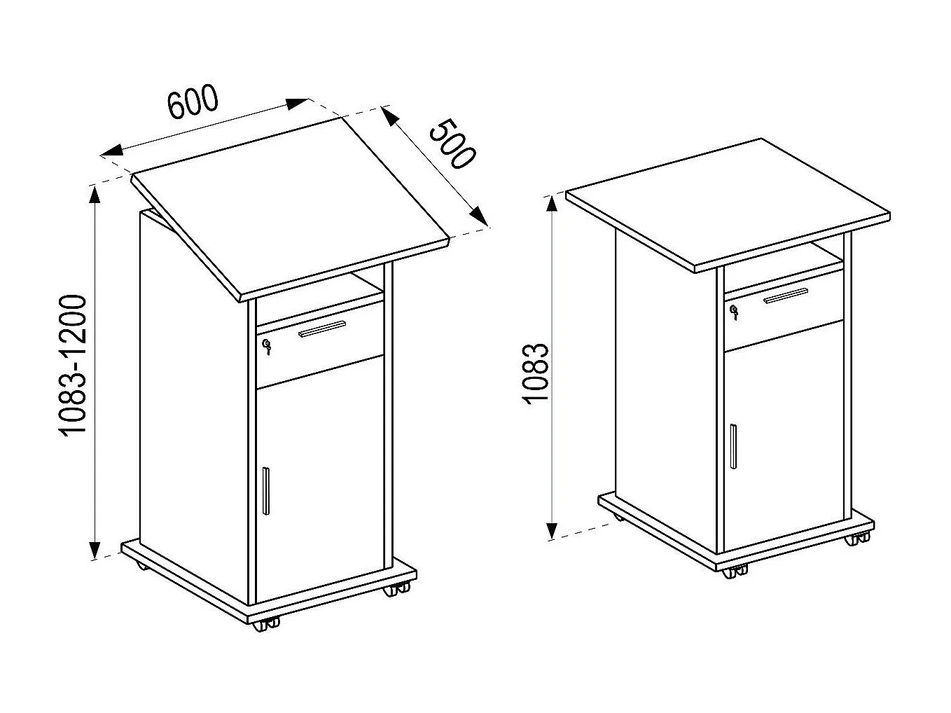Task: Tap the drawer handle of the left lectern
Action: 322,328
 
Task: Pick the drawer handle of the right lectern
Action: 786,296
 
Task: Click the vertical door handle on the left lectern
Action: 265,490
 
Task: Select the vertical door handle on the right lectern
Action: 732,446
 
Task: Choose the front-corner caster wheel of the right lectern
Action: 734,572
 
